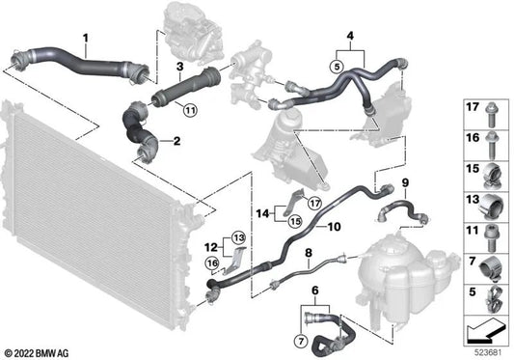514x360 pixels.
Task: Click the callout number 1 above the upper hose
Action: [x=86, y=39]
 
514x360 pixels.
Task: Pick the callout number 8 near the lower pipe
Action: [x=308, y=255]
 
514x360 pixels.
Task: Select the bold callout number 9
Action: [x=405, y=183]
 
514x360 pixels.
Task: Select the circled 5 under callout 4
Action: [x=337, y=68]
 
